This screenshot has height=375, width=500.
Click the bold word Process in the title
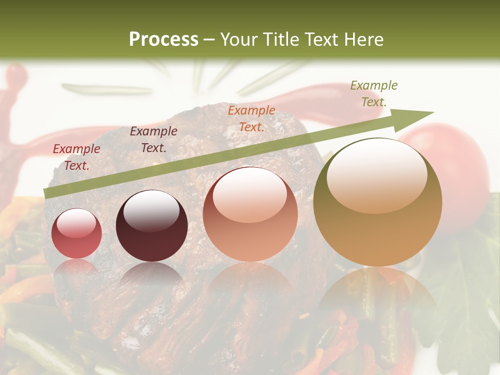coord(164,40)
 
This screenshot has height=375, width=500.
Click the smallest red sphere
coord(77,234)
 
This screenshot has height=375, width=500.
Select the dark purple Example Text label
coord(154,140)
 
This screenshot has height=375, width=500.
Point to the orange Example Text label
coord(252,118)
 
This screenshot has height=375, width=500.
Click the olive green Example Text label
coord(374,93)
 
